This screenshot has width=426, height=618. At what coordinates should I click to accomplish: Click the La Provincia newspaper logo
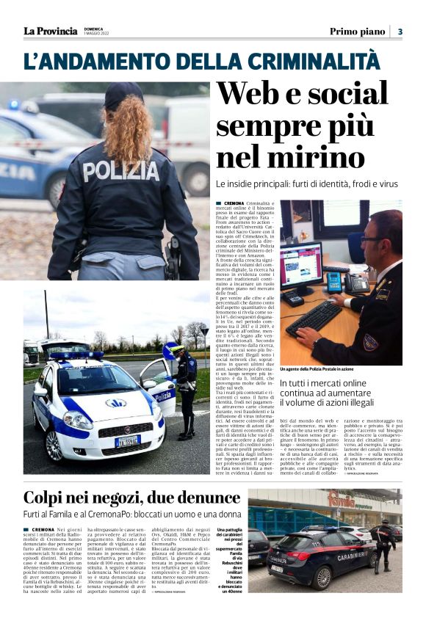(x=50, y=31)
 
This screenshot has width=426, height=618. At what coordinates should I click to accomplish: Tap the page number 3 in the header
(x=400, y=32)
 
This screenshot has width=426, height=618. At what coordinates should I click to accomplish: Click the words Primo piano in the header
(x=357, y=32)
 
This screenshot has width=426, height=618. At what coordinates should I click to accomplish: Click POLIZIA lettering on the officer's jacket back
(x=120, y=171)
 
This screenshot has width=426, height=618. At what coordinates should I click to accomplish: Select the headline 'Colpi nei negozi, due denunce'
(x=122, y=498)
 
